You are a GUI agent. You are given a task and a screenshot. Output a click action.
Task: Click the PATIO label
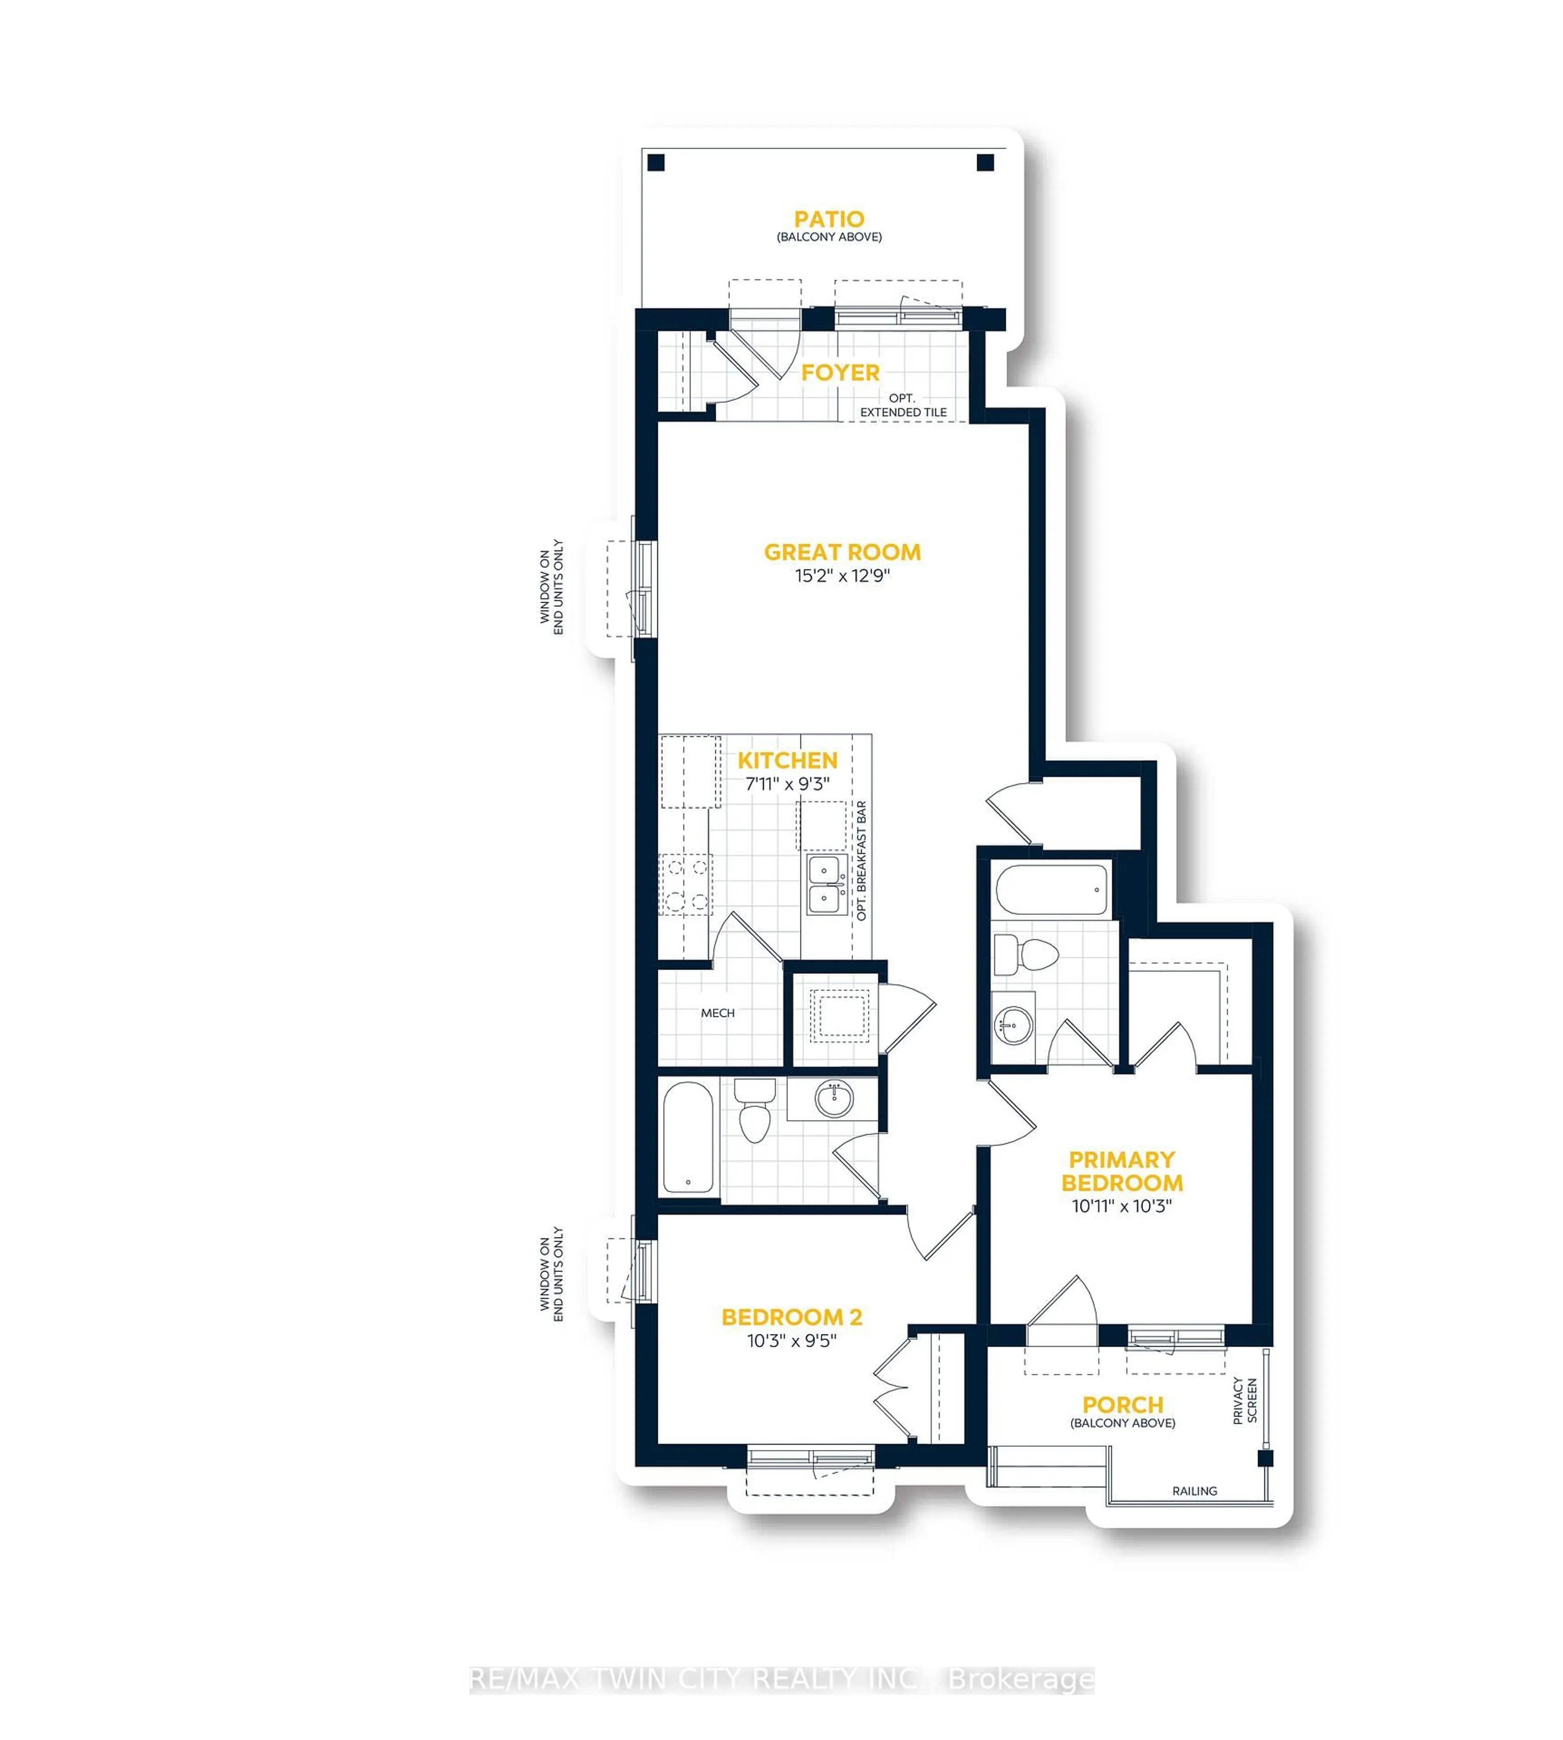[829, 219]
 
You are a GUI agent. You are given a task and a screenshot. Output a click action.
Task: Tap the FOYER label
[840, 373]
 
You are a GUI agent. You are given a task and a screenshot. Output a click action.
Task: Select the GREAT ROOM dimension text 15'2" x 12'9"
[842, 575]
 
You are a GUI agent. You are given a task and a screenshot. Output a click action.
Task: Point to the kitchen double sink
[824, 885]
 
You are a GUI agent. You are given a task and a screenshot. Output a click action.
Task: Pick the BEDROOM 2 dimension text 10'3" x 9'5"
[791, 1341]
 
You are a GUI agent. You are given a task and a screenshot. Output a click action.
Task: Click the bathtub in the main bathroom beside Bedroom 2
[688, 1136]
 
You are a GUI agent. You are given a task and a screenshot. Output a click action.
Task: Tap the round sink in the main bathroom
[834, 1099]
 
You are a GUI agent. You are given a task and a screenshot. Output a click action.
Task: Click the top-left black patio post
[656, 162]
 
